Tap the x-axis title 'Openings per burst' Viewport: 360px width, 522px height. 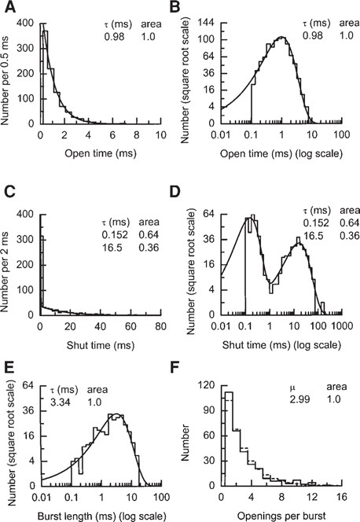282,514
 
